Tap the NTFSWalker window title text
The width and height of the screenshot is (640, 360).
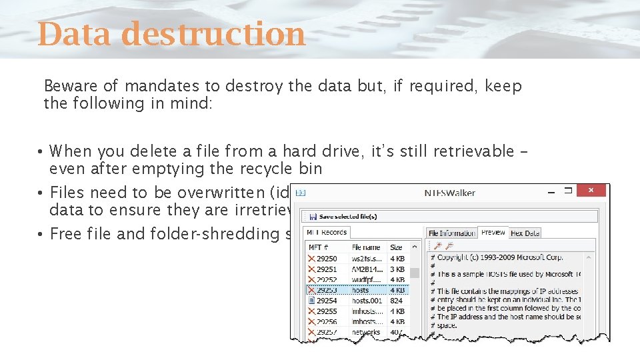point(450,193)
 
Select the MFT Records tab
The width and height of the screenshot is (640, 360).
point(326,232)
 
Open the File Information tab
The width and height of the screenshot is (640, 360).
point(452,233)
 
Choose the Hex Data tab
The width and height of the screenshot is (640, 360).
point(525,233)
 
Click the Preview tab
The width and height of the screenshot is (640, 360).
point(493,232)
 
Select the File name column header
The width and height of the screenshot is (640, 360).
point(366,247)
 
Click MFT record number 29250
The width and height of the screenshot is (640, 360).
point(326,258)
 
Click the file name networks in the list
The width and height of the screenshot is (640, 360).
point(366,332)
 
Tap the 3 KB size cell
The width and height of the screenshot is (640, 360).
point(397,269)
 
